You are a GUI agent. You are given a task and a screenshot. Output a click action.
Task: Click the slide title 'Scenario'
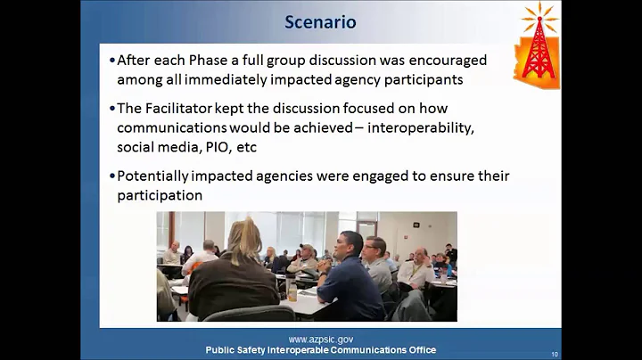(x=320, y=21)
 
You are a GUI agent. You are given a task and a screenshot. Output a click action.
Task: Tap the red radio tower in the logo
(x=539, y=48)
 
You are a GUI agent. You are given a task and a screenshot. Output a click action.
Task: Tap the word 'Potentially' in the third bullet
(x=160, y=176)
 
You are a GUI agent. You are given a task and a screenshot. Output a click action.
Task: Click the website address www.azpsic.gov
(x=320, y=340)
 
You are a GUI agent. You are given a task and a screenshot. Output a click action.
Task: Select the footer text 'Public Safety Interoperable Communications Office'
(x=320, y=350)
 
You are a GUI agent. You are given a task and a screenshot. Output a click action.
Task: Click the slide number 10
(x=555, y=354)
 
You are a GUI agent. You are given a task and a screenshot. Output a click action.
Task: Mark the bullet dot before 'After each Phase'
(x=112, y=61)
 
